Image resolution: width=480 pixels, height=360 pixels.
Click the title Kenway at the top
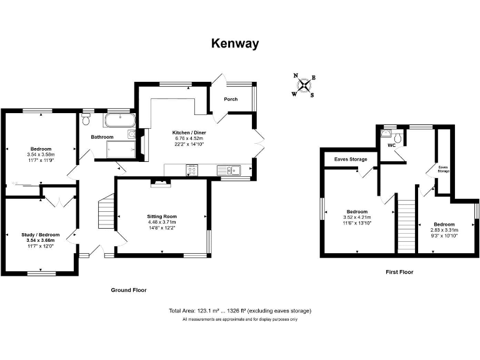tap(234, 43)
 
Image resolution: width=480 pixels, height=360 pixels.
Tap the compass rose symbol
tap(304, 86)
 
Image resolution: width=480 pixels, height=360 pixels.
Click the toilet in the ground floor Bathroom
tap(86, 117)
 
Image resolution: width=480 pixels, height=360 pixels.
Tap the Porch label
tap(231, 99)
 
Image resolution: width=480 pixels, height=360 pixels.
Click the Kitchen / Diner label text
tap(189, 133)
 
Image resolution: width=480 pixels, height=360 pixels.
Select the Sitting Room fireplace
tap(162, 183)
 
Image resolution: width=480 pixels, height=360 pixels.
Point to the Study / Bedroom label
tap(41, 235)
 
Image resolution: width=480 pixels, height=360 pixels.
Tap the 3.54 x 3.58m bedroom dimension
tap(41, 154)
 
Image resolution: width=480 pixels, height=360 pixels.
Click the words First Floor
tap(399, 272)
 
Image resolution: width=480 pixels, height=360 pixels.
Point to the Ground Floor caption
tap(129, 290)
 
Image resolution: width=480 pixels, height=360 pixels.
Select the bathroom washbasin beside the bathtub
tap(131, 133)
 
